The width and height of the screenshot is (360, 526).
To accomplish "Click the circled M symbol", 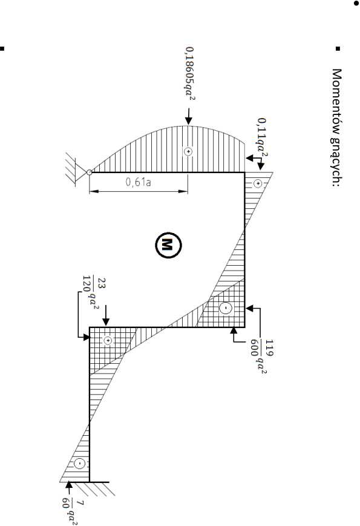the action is coord(168,245).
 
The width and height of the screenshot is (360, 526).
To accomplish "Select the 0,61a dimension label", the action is coord(138,182).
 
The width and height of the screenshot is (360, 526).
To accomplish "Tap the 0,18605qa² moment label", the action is coord(190,73).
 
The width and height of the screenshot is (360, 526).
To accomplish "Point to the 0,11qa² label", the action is coord(263,137).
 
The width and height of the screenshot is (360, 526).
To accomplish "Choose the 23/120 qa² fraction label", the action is coord(91,292).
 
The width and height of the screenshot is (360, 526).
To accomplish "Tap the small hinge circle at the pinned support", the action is coord(89,172).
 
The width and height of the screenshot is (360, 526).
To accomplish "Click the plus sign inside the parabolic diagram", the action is coord(188,152).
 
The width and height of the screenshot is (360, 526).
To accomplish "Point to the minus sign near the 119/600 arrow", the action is coord(226,308).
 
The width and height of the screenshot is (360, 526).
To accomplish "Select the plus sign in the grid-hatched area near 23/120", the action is coord(107,341).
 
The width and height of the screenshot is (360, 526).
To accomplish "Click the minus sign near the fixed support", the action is coord(80,464).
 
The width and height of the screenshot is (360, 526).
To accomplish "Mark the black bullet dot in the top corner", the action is coord(356,3).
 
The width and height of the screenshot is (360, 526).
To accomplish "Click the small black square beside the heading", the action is coord(338,48).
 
